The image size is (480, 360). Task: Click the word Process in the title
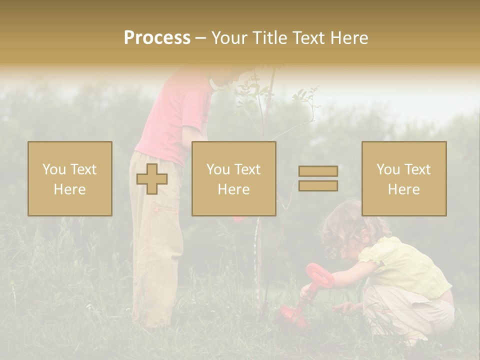[157, 38]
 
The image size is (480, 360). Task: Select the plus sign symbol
[152, 179]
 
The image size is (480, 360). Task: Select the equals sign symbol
[318, 178]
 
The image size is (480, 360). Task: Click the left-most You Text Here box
[70, 178]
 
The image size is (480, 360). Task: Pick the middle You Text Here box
[234, 178]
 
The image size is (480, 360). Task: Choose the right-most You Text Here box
[404, 178]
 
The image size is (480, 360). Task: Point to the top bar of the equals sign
[318, 171]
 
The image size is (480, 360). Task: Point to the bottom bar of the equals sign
[318, 186]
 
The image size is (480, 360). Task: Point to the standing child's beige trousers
[155, 250]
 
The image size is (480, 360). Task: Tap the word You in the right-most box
[388, 169]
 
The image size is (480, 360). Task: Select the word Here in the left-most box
[70, 189]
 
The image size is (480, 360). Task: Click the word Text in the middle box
[247, 169]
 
